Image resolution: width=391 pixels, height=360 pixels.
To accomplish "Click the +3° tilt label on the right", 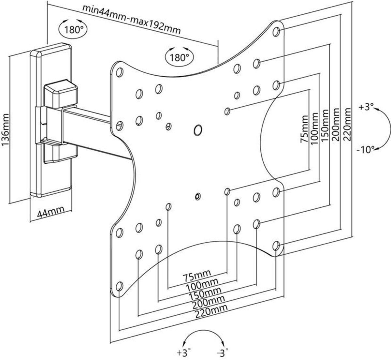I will [366, 108].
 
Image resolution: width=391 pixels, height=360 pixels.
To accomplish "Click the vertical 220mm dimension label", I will [347, 124].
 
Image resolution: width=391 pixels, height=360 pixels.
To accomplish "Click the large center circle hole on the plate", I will [197, 129].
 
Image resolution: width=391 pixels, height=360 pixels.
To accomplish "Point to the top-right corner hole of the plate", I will [277, 32].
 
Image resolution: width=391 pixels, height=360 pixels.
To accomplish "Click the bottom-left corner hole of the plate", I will [119, 287].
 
